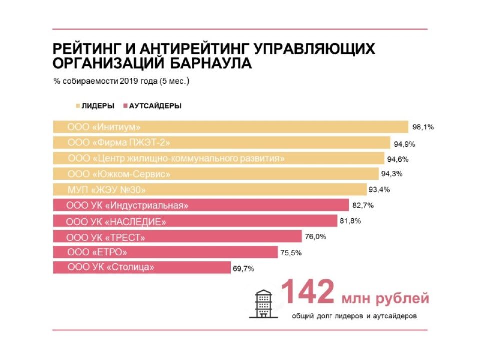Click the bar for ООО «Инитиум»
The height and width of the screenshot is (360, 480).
click(x=231, y=127)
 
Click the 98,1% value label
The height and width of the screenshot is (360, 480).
click(x=423, y=127)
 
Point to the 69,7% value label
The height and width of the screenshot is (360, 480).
click(x=243, y=268)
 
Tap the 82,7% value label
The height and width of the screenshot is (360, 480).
click(x=363, y=205)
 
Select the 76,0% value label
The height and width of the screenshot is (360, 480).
click(x=315, y=237)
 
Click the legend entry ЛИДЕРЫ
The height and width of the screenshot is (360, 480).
click(x=95, y=106)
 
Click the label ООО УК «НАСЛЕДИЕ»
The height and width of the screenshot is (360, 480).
click(x=116, y=221)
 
